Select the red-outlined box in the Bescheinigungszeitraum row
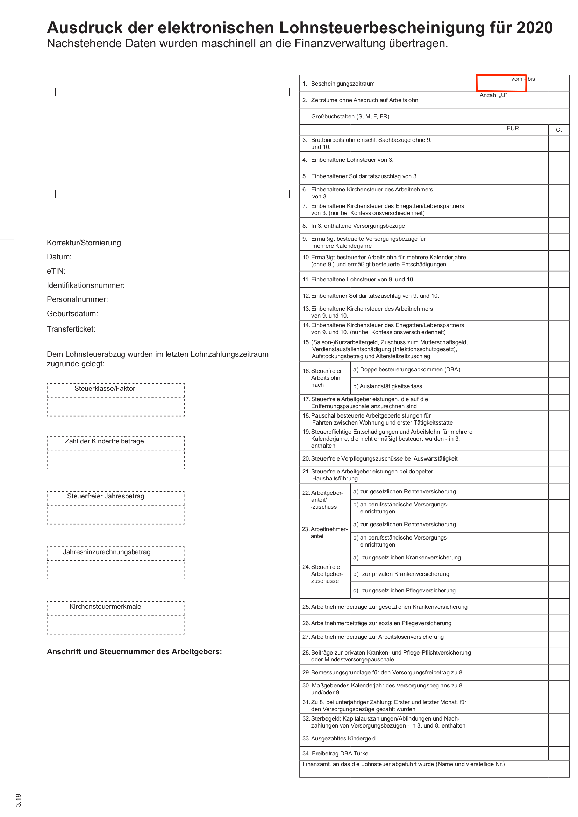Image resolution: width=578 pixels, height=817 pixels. tap(501, 83)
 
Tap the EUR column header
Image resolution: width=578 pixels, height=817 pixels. tap(513, 129)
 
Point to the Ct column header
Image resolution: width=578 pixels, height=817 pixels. tap(558, 130)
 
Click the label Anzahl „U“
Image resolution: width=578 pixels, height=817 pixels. tap(493, 95)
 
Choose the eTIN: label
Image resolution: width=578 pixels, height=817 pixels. tap(56, 271)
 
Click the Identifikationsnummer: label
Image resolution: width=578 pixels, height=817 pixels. tap(86, 285)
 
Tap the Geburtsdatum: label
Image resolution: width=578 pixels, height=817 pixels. tap(72, 314)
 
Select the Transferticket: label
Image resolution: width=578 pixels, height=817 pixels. tap(71, 329)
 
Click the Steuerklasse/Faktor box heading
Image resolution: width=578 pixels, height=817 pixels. tap(105, 389)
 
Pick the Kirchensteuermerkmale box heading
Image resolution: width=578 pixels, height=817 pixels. tap(105, 607)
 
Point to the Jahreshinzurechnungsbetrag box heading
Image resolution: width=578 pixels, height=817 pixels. tap(107, 552)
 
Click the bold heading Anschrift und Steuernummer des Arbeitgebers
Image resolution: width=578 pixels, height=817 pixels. tap(134, 651)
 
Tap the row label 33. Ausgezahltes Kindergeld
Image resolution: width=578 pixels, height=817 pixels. tap(339, 739)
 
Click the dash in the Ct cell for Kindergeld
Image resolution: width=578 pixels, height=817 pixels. tap(558, 739)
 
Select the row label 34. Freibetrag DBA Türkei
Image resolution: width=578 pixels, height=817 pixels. tap(336, 754)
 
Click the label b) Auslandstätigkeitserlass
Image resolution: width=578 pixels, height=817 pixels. tap(387, 386)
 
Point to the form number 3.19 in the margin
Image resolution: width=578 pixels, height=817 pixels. tap(19, 800)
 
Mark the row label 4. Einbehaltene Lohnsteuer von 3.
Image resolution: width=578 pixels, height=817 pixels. tap(348, 160)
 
